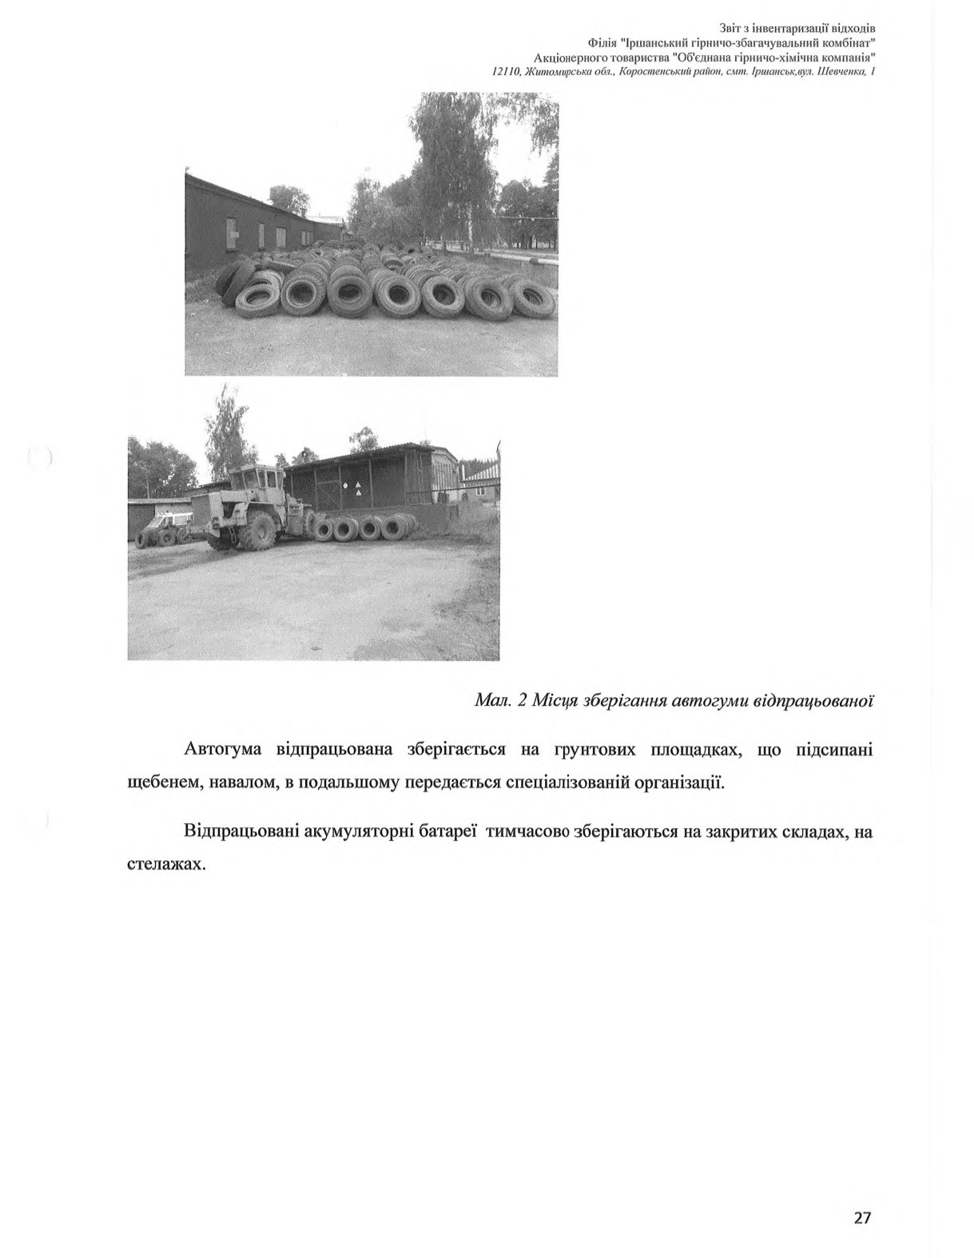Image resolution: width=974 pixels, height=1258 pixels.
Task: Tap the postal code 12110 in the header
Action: click(x=507, y=72)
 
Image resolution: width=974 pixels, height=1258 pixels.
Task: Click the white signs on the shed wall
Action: click(x=352, y=489)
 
